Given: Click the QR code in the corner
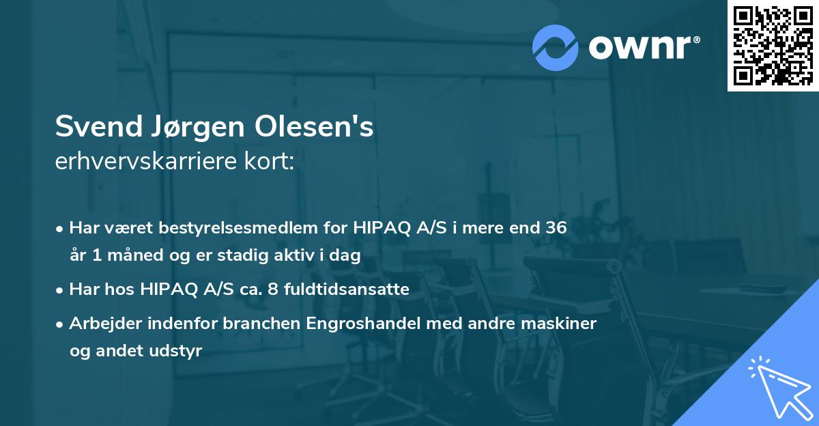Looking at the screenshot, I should tap(773, 45).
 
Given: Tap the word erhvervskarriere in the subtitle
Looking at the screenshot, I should tap(149, 161).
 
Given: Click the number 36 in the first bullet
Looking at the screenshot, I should tap(556, 228).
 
